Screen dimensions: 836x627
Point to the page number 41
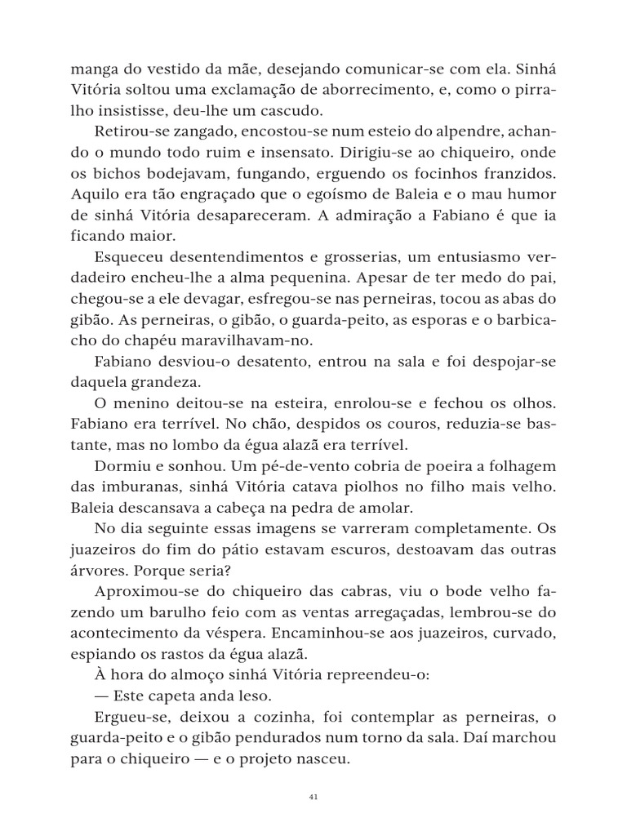(313, 798)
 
